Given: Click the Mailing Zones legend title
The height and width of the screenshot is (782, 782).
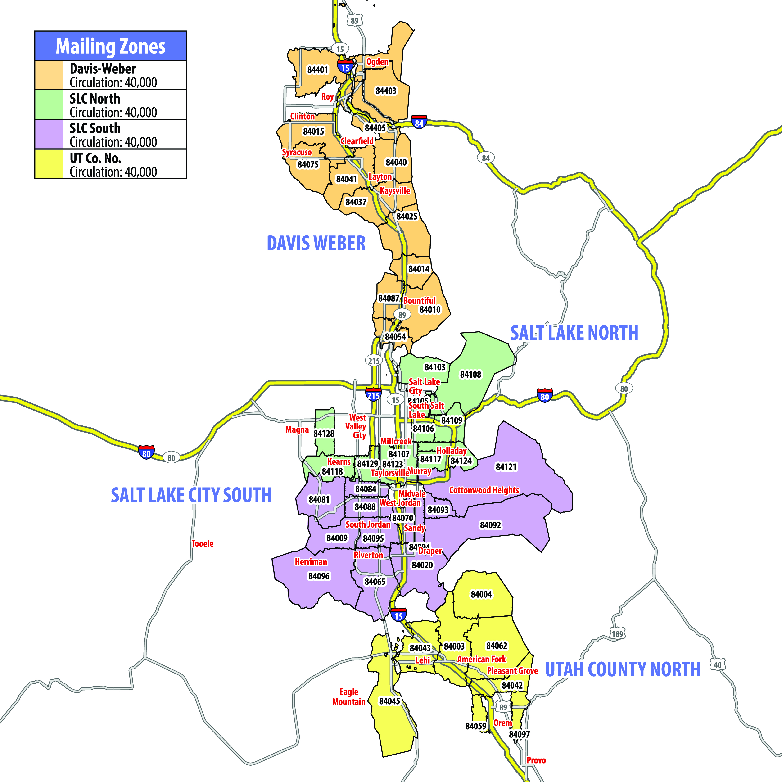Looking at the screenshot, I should (110, 46).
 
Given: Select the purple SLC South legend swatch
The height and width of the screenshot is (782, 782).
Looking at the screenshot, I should (49, 134).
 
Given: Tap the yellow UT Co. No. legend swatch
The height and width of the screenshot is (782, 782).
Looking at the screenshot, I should (49, 164).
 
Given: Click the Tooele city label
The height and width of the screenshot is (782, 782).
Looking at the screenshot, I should (202, 544).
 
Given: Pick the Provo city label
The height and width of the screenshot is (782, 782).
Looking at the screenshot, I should (536, 760).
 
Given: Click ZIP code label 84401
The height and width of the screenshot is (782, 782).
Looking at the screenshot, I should (317, 70).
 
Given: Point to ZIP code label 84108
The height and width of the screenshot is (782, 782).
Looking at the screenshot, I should (470, 374).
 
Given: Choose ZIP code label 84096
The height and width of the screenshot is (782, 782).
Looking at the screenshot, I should (319, 576).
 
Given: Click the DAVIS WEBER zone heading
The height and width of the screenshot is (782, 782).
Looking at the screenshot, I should (316, 243).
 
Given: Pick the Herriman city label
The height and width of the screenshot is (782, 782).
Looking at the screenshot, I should (311, 562).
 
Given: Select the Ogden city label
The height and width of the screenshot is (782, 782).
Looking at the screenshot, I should (377, 62).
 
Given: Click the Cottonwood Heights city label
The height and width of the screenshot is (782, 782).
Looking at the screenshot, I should (484, 490).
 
